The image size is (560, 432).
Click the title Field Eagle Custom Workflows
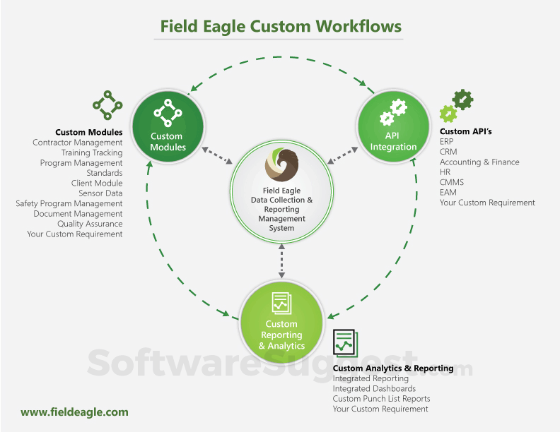pyautogui.click(x=281, y=27)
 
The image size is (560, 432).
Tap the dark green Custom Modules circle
pyautogui.click(x=168, y=124)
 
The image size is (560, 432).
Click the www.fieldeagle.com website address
pyautogui.click(x=74, y=412)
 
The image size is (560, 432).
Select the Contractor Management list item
pyautogui.click(x=78, y=143)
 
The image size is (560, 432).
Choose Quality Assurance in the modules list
pyautogui.click(x=90, y=224)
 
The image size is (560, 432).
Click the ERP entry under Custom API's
pyautogui.click(x=447, y=142)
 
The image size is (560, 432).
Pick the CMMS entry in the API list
pyautogui.click(x=451, y=182)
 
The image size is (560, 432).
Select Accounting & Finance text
pyautogui.click(x=479, y=162)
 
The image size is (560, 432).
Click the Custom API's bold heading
pyautogui.click(x=466, y=131)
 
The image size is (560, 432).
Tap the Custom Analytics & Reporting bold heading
pyautogui.click(x=393, y=368)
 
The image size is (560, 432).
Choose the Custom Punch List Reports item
pyautogui.click(x=381, y=399)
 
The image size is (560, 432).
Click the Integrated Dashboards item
pyautogui.click(x=374, y=388)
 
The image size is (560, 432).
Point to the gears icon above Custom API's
pyautogui.click(x=457, y=105)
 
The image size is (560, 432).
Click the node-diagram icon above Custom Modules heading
pyautogui.click(x=107, y=105)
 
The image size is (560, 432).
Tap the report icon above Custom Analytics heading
pyautogui.click(x=346, y=343)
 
